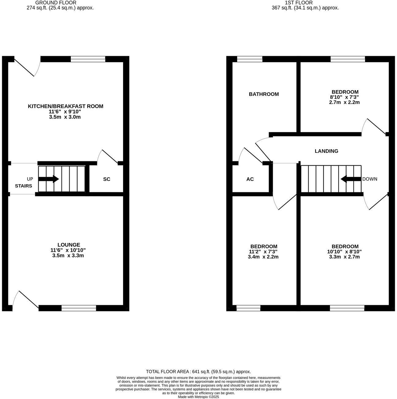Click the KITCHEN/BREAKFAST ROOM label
tap(66, 106)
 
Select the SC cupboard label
tap(107, 179)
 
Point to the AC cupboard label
tap(250, 179)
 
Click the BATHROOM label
tap(264, 94)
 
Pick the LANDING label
tap(327, 151)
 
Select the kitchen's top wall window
tap(88, 59)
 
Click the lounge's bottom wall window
tap(79, 308)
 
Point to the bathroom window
tap(250, 59)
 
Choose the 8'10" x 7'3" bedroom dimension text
tap(345, 97)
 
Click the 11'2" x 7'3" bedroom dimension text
tap(264, 252)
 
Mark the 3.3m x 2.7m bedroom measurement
tap(344, 257)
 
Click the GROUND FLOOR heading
tap(56, 3)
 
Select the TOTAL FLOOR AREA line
tap(198, 371)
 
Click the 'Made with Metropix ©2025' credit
tap(198, 397)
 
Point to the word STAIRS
tap(24, 186)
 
